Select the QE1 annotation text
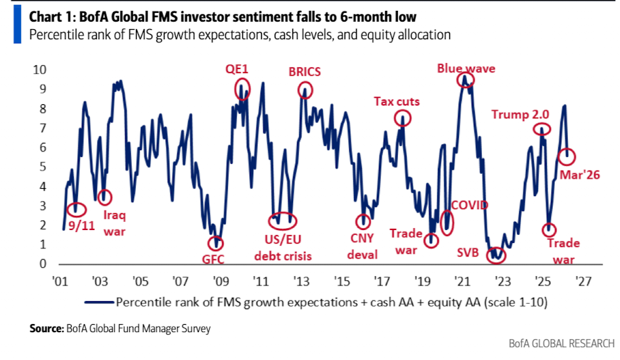coord(238,69)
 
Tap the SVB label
coord(468,253)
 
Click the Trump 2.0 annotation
coord(520,114)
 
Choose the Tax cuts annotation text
coord(397,102)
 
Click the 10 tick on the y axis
coord(40,69)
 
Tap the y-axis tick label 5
coord(43,166)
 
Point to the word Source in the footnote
coord(46,329)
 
